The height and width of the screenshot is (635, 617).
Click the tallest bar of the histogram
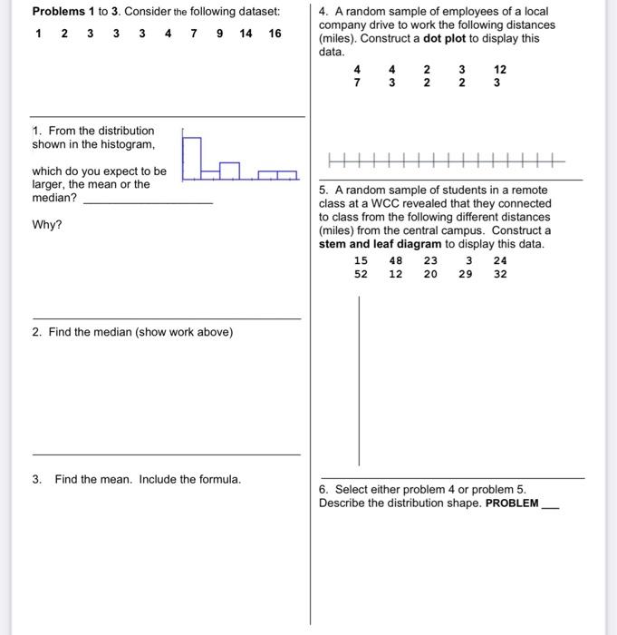(x=191, y=156)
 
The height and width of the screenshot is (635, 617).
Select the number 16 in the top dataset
(x=275, y=34)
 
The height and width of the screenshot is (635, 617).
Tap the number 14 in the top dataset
(x=246, y=34)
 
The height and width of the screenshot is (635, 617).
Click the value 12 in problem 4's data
(x=500, y=70)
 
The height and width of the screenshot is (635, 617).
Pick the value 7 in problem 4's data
(x=357, y=83)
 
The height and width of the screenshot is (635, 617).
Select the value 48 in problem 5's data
(x=396, y=260)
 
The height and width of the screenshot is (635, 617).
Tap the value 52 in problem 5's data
(x=361, y=274)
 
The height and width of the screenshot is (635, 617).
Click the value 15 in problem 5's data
(x=361, y=260)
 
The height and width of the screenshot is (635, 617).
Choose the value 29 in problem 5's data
(x=465, y=274)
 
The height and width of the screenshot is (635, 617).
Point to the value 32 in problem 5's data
(x=500, y=274)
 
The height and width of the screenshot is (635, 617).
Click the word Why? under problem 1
(x=47, y=225)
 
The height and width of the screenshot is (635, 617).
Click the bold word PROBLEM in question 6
(x=512, y=503)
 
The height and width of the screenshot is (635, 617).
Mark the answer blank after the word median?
(x=148, y=200)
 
